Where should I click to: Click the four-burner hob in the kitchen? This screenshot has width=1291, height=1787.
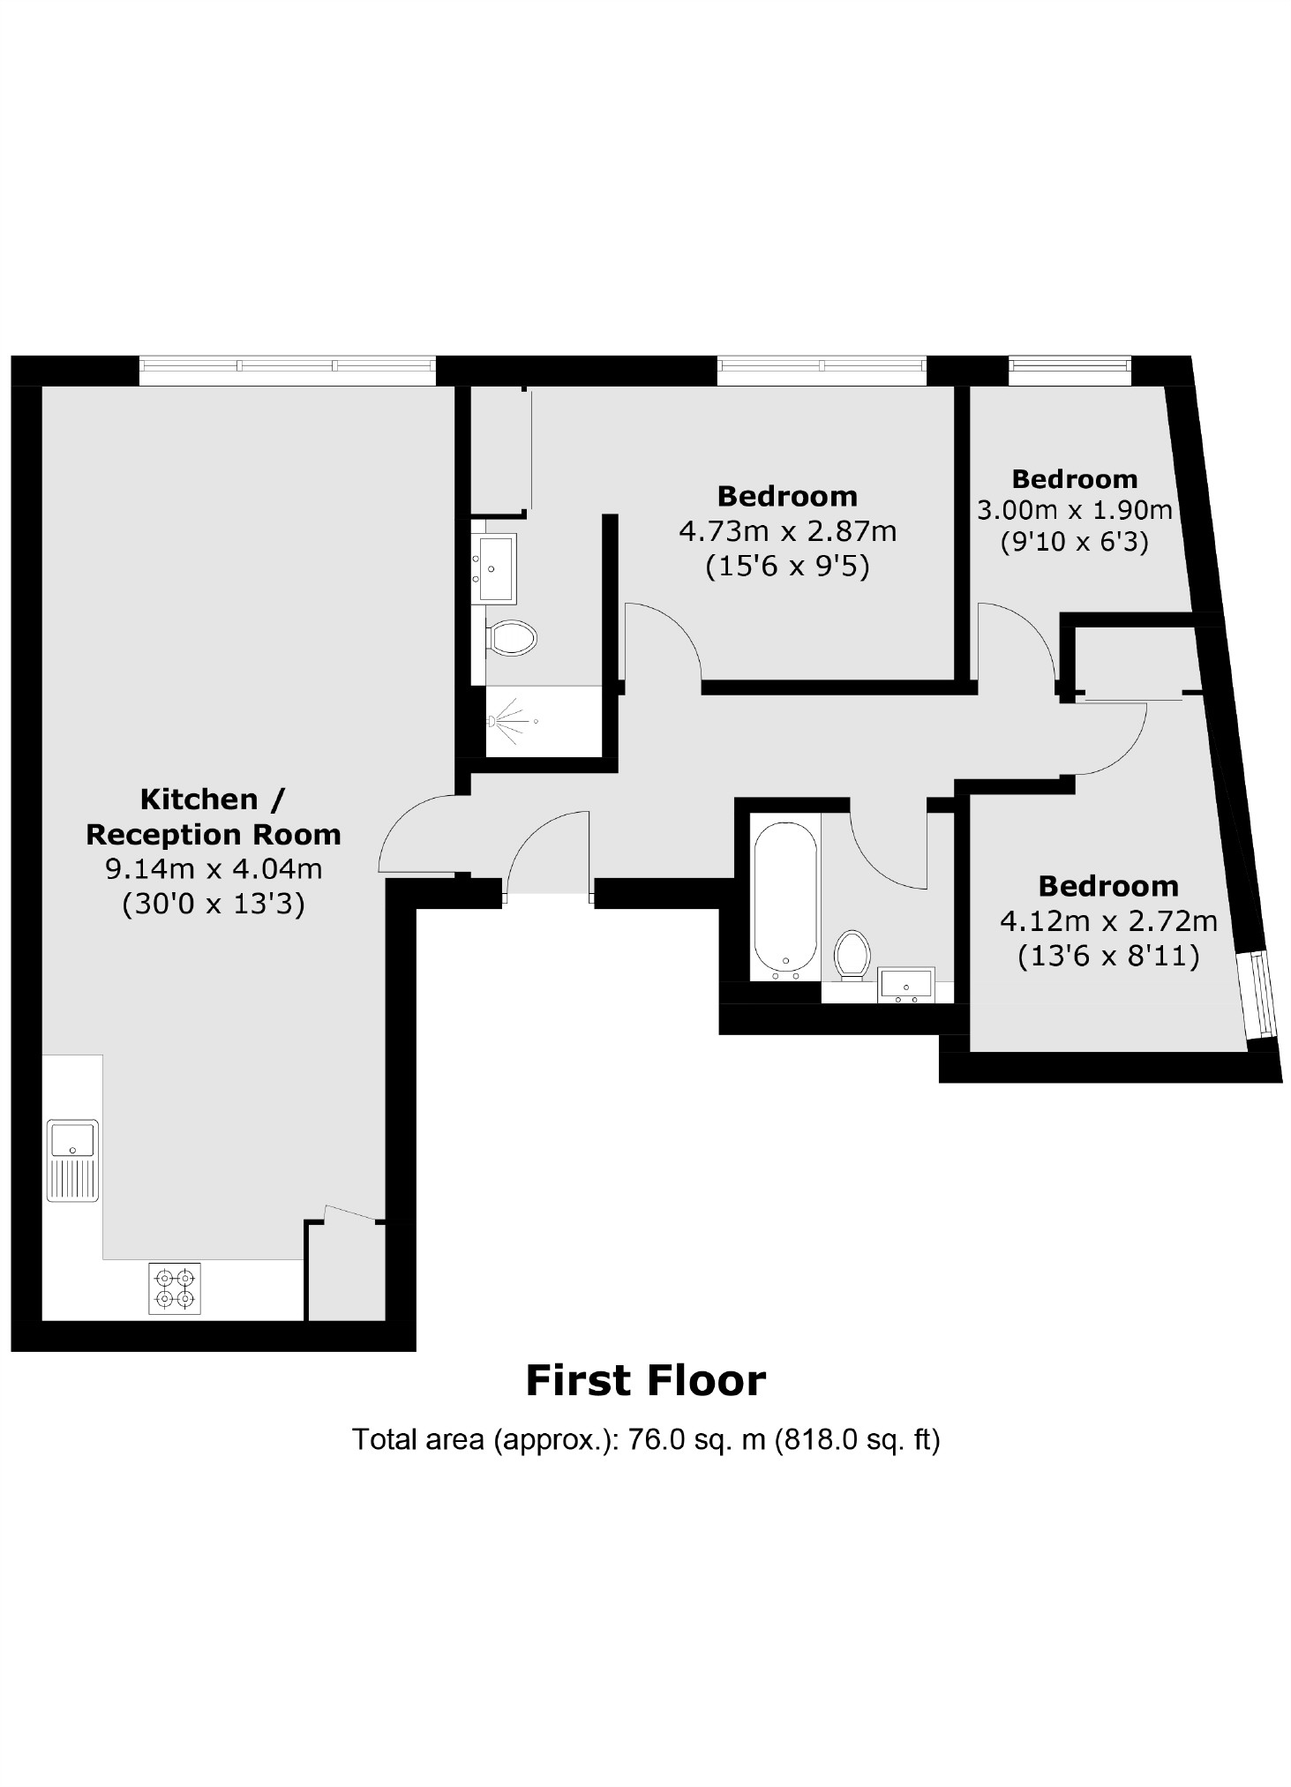(174, 1288)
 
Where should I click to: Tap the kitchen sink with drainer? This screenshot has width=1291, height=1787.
(72, 1160)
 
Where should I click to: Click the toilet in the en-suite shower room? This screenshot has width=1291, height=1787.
(512, 637)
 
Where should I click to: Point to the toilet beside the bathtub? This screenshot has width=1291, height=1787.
(852, 954)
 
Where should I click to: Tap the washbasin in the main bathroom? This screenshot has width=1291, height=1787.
(906, 984)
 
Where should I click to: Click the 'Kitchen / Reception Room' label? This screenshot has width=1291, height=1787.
(213, 816)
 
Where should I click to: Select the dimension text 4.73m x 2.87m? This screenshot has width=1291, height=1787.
(787, 531)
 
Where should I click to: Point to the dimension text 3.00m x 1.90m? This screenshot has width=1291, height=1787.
(1074, 510)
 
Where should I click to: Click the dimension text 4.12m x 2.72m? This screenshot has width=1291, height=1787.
(1107, 921)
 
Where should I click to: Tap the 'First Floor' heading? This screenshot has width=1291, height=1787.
(645, 1381)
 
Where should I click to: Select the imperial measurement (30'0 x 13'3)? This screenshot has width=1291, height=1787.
(213, 904)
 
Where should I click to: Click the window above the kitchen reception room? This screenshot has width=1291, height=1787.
(287, 370)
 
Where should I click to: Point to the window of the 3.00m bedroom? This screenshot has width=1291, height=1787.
(1070, 370)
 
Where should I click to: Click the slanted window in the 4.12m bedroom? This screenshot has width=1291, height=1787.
(1257, 995)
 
